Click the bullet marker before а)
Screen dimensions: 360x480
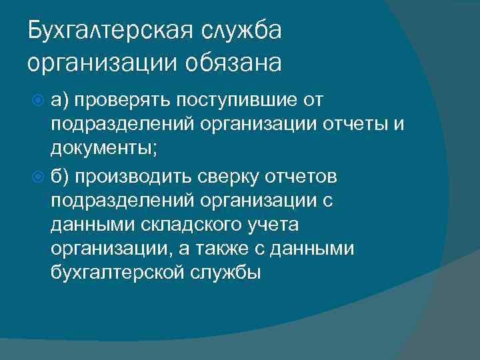click(38, 101)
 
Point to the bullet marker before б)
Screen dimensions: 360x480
click(38, 177)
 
